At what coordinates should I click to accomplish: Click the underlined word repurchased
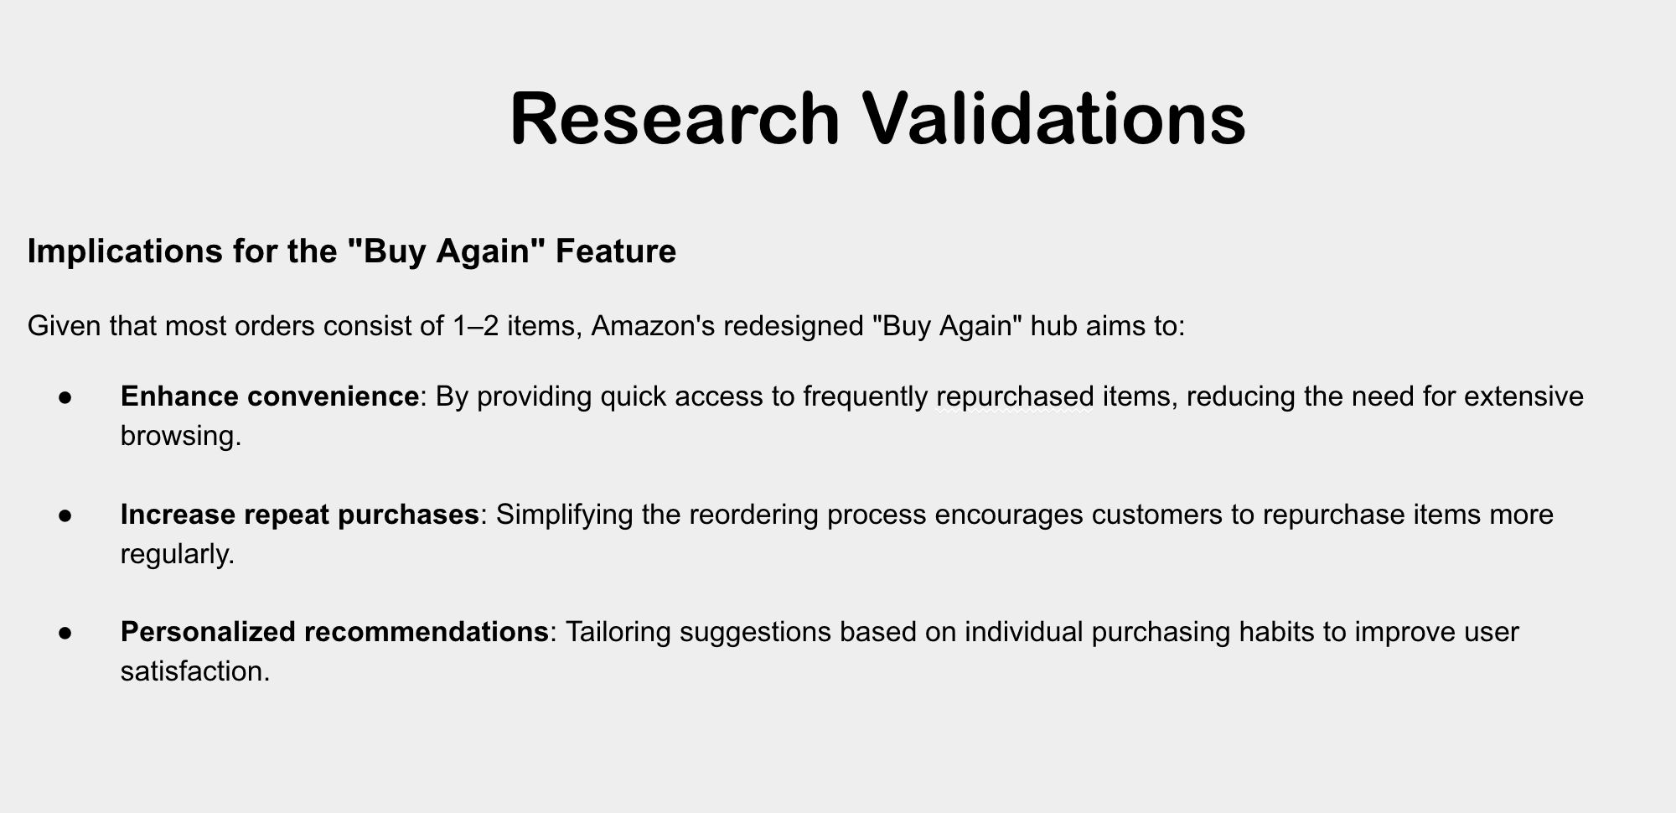1015,396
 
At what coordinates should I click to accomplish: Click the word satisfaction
195,671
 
